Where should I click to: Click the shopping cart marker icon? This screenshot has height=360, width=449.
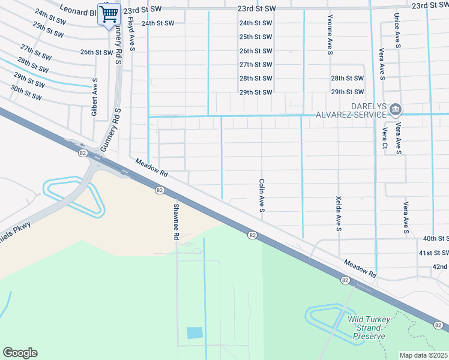109,14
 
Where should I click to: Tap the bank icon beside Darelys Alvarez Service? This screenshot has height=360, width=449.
396,109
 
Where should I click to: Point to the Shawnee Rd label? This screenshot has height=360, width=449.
176,222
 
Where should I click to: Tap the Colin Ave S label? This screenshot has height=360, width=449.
262,195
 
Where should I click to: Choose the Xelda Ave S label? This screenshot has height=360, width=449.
339,213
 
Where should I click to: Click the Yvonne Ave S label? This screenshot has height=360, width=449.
330,35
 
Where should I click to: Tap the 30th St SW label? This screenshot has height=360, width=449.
26,92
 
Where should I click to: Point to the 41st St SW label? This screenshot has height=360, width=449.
433,253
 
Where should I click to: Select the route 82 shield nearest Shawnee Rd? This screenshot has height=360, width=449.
159,190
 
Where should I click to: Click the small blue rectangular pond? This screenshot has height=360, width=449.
194,333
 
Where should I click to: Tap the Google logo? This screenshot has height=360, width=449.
20,353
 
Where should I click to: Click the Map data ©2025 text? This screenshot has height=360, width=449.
423,355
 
